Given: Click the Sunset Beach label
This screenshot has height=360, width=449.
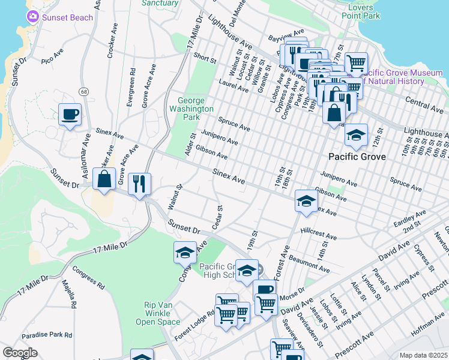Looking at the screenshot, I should [67, 17].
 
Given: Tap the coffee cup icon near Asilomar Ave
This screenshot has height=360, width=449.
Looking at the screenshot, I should [70, 114].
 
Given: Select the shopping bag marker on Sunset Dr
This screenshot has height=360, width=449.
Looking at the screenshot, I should [104, 179].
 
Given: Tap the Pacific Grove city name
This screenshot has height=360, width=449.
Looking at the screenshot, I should [356, 157].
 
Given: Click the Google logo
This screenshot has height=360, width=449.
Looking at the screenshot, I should [20, 353].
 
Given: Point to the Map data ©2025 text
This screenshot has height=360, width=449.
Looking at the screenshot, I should [423, 355].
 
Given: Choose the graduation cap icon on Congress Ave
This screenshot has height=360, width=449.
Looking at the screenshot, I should [185, 252].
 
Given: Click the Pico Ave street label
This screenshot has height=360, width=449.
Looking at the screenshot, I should [53, 56].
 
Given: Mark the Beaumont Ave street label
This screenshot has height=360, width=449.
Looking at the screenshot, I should [310, 265].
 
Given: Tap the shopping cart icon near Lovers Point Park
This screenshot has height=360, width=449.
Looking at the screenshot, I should [356, 62].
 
